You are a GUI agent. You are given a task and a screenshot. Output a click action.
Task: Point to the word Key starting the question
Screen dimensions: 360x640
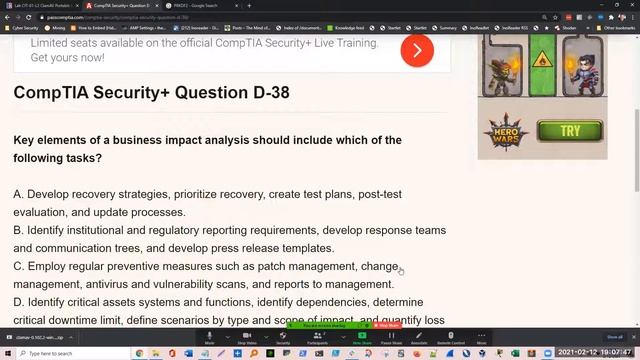(x=25, y=140)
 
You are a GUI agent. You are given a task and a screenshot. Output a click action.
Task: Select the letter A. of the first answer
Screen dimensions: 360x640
(x=19, y=194)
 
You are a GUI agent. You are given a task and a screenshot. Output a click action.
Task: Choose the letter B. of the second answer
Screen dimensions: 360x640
(x=19, y=230)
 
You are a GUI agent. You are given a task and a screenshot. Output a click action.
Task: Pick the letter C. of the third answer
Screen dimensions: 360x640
(x=19, y=267)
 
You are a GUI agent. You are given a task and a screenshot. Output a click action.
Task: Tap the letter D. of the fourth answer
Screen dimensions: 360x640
(x=19, y=303)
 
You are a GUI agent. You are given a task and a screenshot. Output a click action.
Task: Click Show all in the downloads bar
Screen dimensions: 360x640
(x=614, y=337)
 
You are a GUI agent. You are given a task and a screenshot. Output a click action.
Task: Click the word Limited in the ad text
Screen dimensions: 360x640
(x=52, y=44)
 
